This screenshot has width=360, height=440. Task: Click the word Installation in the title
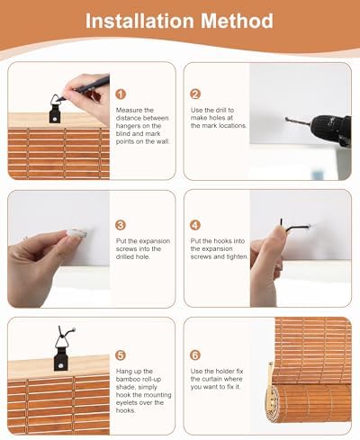click(x=140, y=21)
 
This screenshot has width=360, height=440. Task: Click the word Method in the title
click(x=237, y=21)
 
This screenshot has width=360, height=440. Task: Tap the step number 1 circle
click(x=121, y=94)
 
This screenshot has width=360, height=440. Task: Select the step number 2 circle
click(x=195, y=94)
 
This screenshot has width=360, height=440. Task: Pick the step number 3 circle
click(x=121, y=225)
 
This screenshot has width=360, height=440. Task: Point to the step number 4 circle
click(x=195, y=225)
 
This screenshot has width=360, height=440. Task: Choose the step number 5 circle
click(x=121, y=355)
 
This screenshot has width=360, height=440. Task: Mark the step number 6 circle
click(x=195, y=355)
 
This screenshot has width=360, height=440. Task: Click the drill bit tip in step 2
click(x=286, y=119)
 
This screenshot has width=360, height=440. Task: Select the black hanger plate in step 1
click(x=54, y=113)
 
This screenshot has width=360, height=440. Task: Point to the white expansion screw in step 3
click(x=76, y=232)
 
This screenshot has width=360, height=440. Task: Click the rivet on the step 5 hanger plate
click(x=61, y=366)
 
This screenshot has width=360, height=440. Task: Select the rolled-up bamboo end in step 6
click(x=273, y=402)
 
